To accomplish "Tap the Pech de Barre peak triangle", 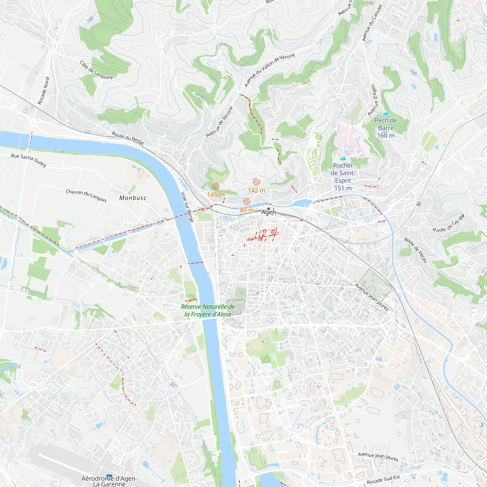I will (386, 114).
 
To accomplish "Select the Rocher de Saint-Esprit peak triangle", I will (343, 159).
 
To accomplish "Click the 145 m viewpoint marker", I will (215, 186).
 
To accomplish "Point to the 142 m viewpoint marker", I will (256, 182).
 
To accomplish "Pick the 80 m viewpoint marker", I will (247, 202).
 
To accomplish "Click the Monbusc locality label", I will (133, 198).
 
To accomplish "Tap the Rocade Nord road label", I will (44, 91).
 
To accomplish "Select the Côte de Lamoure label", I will (96, 70).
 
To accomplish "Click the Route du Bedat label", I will (128, 138).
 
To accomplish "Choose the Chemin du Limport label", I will (86, 196).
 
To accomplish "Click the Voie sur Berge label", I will (187, 207).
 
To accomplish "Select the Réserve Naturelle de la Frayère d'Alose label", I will (208, 310).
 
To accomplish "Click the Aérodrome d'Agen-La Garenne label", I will (109, 481).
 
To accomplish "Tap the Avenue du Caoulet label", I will (372, 23).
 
